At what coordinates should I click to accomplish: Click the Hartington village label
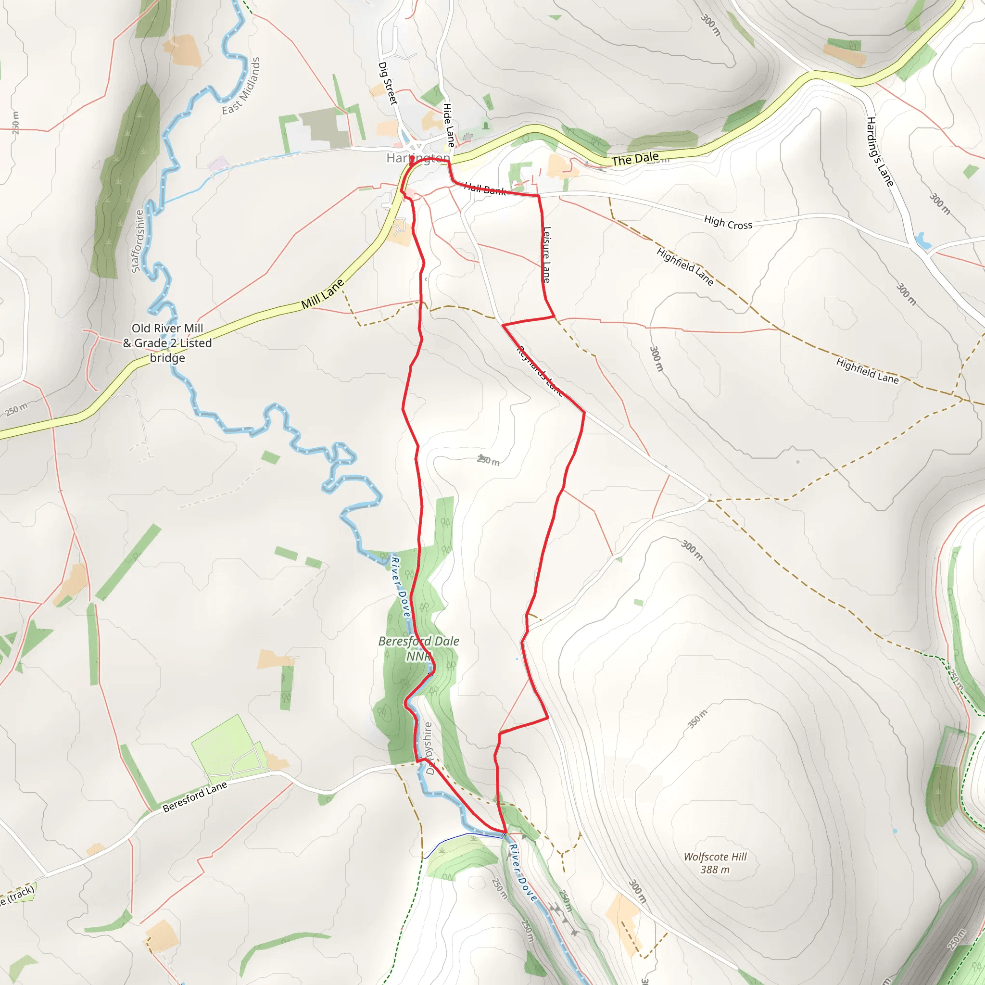417,158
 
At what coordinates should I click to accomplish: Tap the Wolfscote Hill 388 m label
715,863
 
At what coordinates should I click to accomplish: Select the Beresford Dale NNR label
418,648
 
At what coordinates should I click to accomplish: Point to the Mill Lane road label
322,294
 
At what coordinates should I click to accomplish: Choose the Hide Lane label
448,125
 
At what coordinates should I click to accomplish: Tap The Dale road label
635,160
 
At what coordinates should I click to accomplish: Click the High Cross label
728,223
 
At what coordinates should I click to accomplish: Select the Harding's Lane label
880,152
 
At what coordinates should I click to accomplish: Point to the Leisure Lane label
546,254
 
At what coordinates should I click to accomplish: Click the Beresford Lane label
195,797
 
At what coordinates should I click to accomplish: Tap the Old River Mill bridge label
167,342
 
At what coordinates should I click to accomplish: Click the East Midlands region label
241,86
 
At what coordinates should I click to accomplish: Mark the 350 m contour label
697,719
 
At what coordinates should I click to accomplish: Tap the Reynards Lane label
540,371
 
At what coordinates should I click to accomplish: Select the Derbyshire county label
428,748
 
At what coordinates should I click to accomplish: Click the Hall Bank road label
485,189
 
